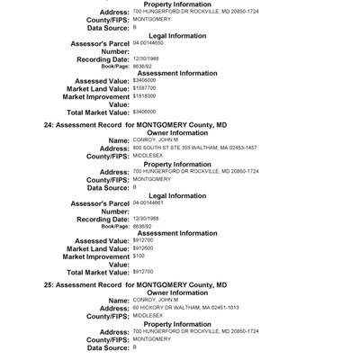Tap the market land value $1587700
[x=147, y=87]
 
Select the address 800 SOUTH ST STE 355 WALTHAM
[x=207, y=148]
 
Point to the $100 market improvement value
[x=139, y=256]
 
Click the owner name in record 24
[x=155, y=140]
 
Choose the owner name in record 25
[x=155, y=300]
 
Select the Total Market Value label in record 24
[x=98, y=271]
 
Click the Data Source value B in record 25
[x=135, y=346]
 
